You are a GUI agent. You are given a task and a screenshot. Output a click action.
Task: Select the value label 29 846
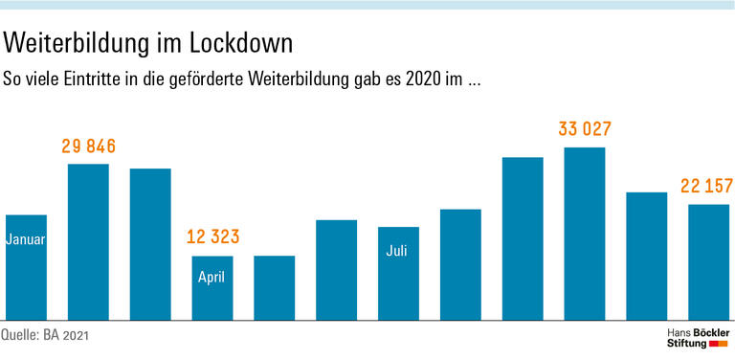(88, 146)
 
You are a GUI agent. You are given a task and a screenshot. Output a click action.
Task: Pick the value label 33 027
(585, 129)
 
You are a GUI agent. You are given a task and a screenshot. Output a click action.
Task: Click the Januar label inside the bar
(26, 239)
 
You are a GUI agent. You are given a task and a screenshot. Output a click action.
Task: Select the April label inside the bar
(212, 279)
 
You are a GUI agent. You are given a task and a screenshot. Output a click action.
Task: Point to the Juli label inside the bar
(398, 252)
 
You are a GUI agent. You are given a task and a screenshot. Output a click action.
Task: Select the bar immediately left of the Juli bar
(336, 269)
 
